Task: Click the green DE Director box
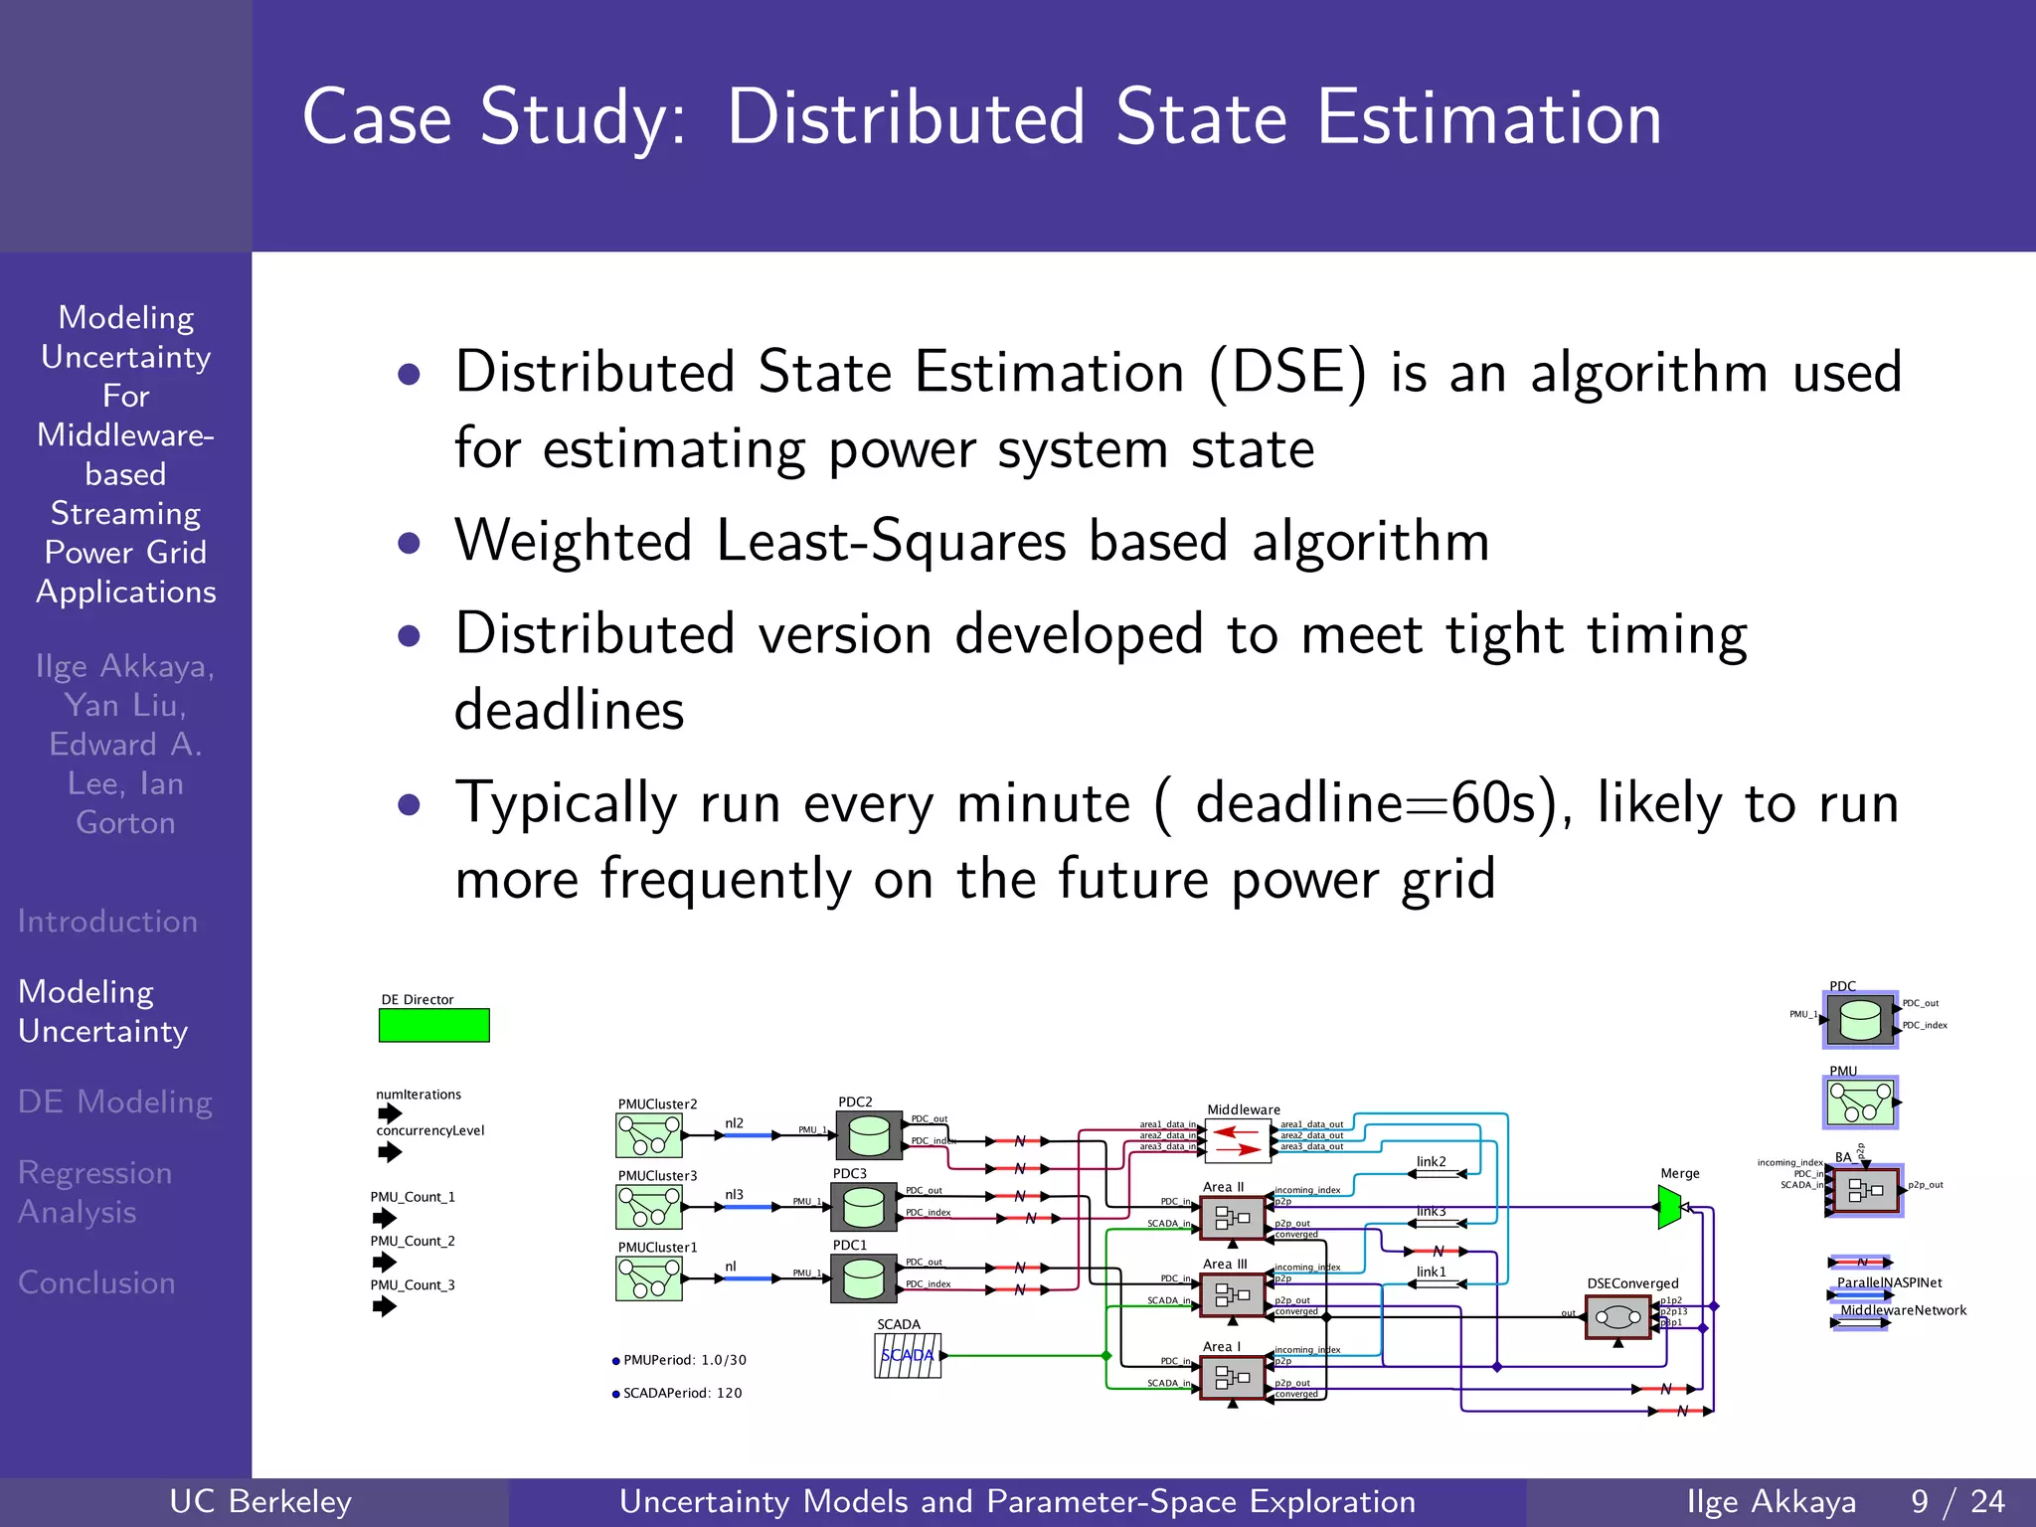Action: pyautogui.click(x=433, y=1025)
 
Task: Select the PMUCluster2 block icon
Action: pyautogui.click(x=649, y=1134)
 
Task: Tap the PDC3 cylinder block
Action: pyautogui.click(x=863, y=1206)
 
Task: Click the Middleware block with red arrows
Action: pyautogui.click(x=1238, y=1140)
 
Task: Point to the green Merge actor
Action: pyautogui.click(x=1670, y=1207)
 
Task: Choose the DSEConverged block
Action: pyautogui.click(x=1617, y=1318)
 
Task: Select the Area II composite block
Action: pyautogui.click(x=1232, y=1218)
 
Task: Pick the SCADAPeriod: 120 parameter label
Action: pyautogui.click(x=682, y=1393)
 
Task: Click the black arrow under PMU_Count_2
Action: pyautogui.click(x=385, y=1263)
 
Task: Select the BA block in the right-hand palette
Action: pyautogui.click(x=1865, y=1190)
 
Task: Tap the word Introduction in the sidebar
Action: pyautogui.click(x=107, y=922)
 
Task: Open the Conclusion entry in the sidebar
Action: pyautogui.click(x=96, y=1282)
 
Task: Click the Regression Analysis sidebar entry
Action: pyautogui.click(x=94, y=1192)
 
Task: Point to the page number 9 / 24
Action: pyautogui.click(x=1957, y=1501)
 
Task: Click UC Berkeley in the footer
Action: pyautogui.click(x=260, y=1501)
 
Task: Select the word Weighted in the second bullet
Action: pyautogui.click(x=573, y=542)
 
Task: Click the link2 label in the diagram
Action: pyautogui.click(x=1431, y=1161)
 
